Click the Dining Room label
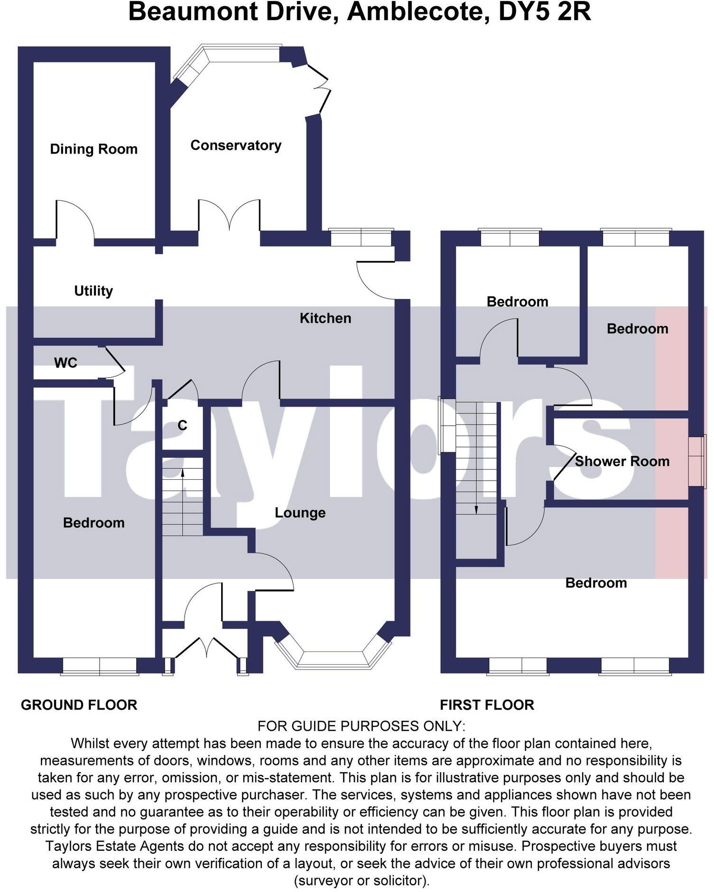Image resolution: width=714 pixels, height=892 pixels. click(x=93, y=149)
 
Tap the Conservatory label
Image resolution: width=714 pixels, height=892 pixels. click(x=236, y=145)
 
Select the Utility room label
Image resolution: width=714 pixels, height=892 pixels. click(x=93, y=291)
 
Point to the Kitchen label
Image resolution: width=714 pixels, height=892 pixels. click(x=325, y=318)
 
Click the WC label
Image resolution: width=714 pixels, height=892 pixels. click(x=65, y=363)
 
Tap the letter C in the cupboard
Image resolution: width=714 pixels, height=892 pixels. click(x=182, y=425)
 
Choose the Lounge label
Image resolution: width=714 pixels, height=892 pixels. click(x=300, y=513)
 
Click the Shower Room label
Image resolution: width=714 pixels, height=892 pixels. click(x=622, y=461)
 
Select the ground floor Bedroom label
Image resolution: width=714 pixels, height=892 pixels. click(x=93, y=523)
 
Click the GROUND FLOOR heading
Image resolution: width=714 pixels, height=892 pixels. click(x=79, y=705)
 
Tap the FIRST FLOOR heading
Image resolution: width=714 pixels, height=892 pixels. click(x=487, y=705)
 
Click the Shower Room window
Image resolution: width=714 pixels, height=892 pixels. click(x=696, y=461)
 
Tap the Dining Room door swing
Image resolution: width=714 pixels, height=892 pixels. click(x=75, y=218)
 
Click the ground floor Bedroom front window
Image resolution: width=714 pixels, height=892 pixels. click(x=100, y=665)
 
